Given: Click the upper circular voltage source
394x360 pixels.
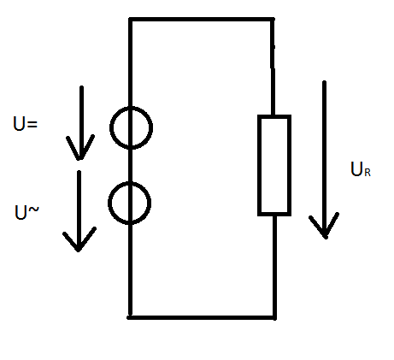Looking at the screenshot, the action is [110, 127].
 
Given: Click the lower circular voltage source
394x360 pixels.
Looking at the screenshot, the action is [109, 203].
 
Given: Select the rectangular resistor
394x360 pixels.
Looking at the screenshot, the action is [258, 165].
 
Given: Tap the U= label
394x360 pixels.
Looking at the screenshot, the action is [26, 123].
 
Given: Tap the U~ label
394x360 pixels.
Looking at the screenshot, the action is [26, 213].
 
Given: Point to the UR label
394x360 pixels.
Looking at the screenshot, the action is [361, 169].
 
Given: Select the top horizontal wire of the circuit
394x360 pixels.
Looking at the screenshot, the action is [202, 20].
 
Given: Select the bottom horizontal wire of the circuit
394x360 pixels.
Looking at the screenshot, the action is [202, 317].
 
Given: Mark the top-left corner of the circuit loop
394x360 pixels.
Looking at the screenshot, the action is [130, 20].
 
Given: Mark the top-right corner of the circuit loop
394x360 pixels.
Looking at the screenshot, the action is [273, 20].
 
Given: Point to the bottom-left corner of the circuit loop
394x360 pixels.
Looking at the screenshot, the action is [130, 317].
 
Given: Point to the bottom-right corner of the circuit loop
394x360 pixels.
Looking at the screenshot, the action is [275, 317].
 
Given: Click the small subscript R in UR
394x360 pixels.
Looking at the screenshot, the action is [368, 173].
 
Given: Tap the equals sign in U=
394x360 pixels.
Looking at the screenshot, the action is [32, 124].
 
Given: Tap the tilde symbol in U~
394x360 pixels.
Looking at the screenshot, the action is [33, 210].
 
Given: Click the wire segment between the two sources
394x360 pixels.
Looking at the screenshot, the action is [131, 166].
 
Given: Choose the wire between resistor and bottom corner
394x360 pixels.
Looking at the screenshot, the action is [274, 267].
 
